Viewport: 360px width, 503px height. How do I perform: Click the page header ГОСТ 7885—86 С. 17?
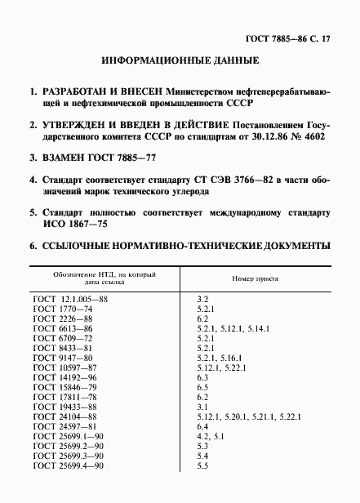tap(296, 39)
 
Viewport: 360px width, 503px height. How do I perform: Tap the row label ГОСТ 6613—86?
tap(66, 327)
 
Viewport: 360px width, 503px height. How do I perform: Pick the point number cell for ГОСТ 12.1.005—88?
tap(202, 300)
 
